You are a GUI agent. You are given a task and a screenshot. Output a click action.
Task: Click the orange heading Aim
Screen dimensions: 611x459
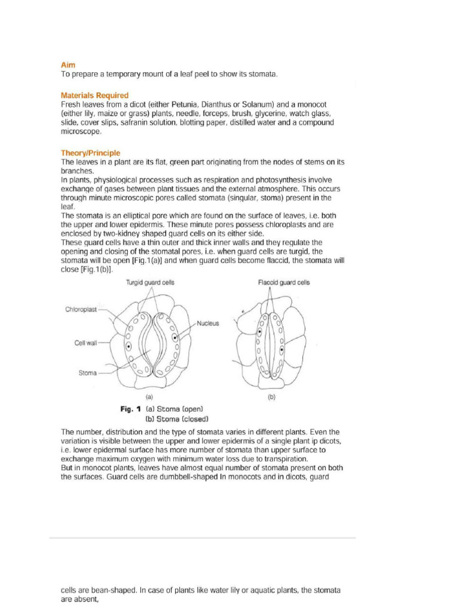(x=68, y=64)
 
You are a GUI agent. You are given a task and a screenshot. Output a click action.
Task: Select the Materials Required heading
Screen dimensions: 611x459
(x=94, y=95)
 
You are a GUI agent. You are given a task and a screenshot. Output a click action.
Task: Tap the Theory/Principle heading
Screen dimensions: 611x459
(x=90, y=153)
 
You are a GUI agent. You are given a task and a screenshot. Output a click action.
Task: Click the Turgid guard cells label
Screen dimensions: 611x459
(x=149, y=283)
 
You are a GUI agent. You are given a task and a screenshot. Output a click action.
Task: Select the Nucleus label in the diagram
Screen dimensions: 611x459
(x=208, y=323)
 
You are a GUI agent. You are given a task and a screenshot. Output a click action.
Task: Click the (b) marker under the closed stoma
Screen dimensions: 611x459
(x=271, y=396)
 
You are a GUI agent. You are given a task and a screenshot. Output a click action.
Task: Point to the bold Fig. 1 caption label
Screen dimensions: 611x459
(x=130, y=409)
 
